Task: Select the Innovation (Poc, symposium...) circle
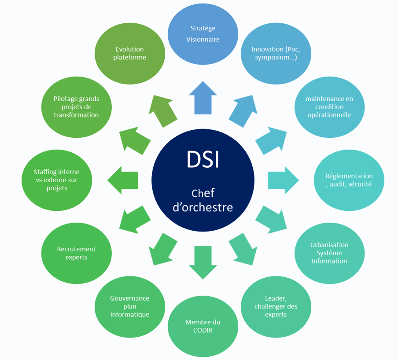click(276, 53)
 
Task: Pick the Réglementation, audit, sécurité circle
click(349, 180)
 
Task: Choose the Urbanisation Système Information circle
click(329, 253)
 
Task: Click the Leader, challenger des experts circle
click(276, 306)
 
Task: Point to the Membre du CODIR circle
click(203, 326)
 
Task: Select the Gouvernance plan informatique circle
click(130, 306)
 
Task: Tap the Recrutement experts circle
click(76, 253)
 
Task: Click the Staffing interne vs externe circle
click(57, 180)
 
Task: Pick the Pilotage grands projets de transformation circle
click(76, 107)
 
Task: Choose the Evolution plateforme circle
click(130, 53)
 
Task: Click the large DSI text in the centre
click(203, 159)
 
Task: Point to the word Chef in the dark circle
click(203, 193)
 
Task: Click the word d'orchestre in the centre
click(203, 207)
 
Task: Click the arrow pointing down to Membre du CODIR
click(203, 262)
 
